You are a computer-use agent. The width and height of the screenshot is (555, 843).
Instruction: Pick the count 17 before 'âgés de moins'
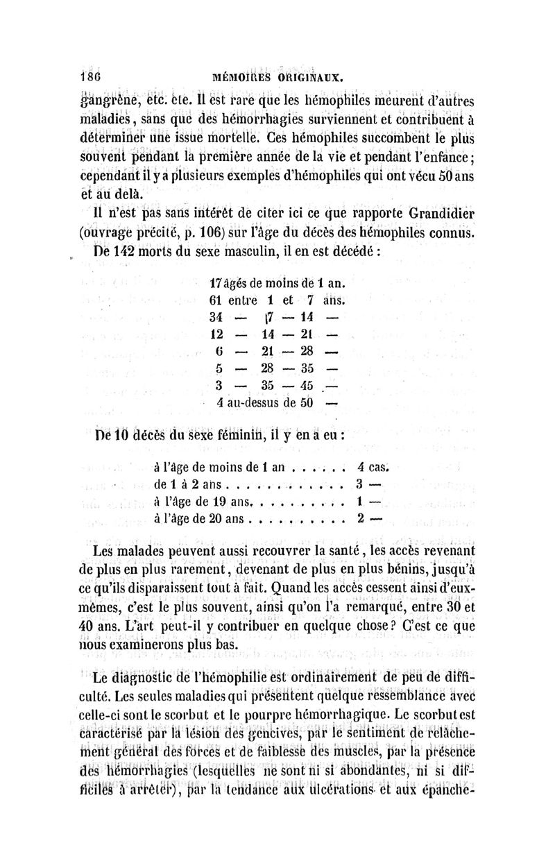pos(216,284)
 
